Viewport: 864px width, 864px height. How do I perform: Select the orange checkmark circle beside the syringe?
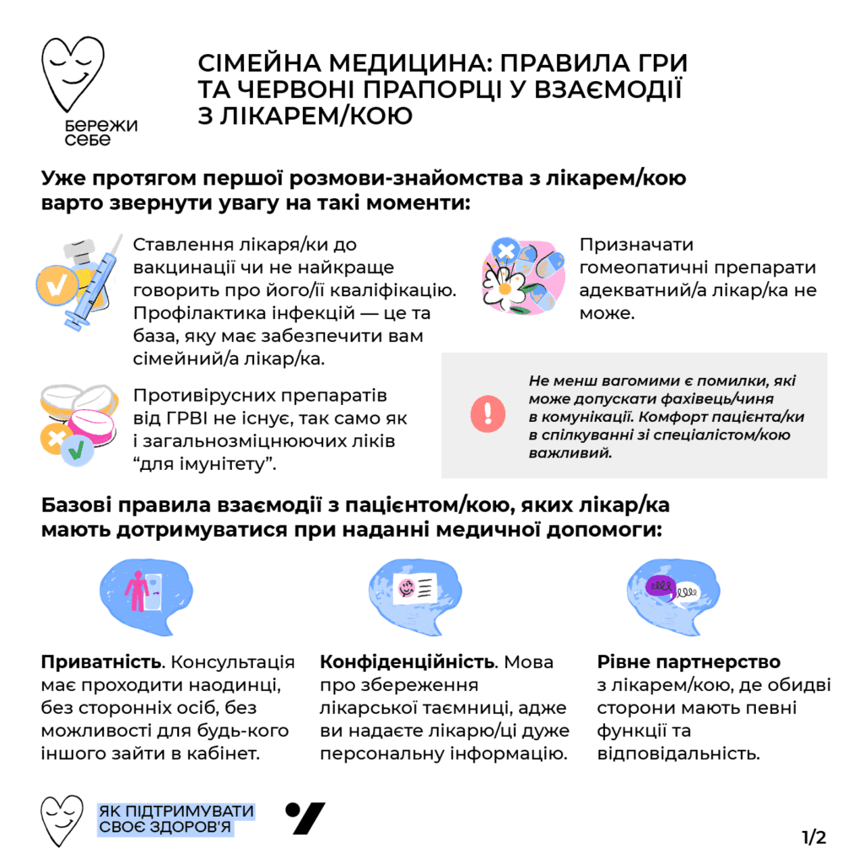pos(56,288)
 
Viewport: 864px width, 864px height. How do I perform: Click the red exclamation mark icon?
pos(488,414)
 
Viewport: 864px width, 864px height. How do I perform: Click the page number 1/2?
pos(813,837)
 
